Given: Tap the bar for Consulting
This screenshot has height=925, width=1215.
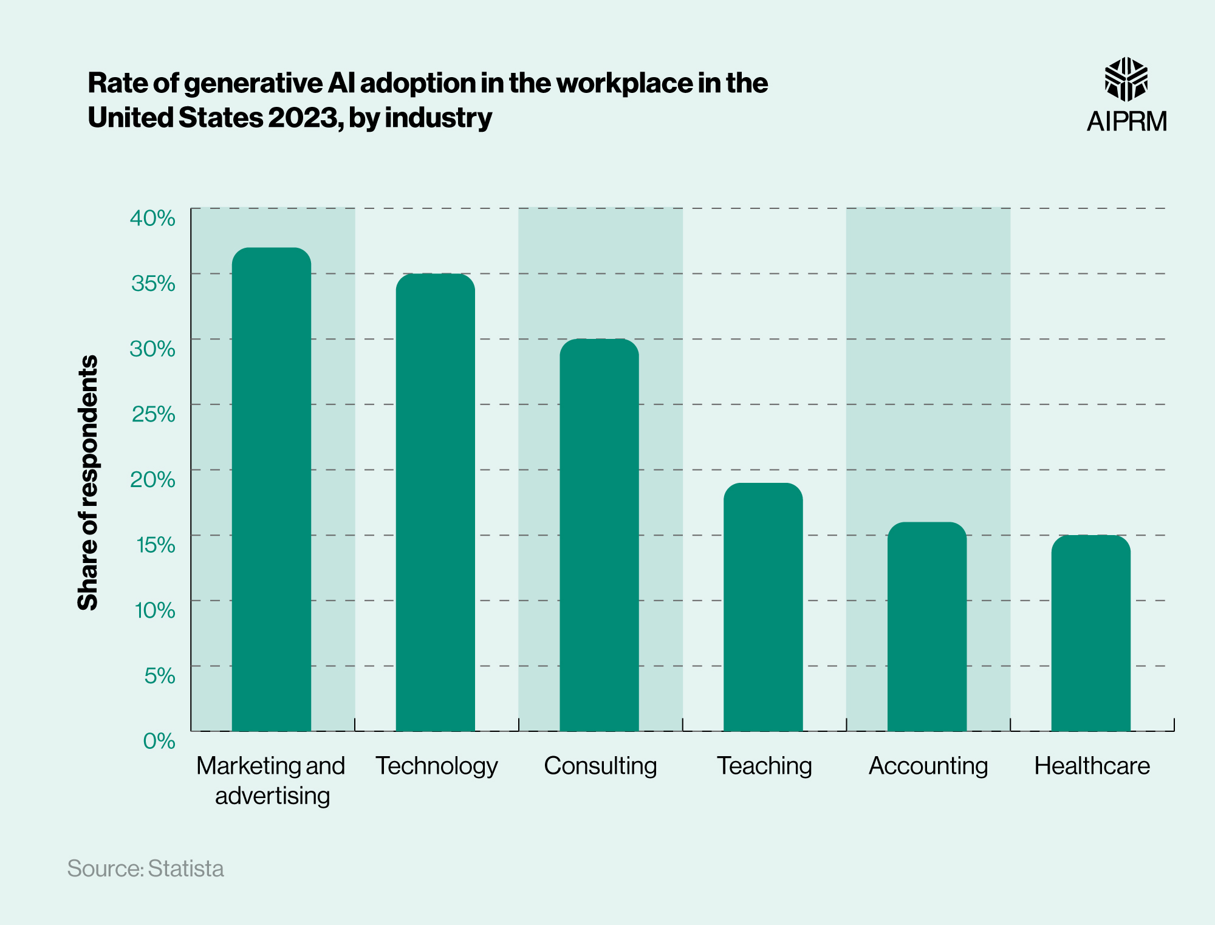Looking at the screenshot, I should point(599,534).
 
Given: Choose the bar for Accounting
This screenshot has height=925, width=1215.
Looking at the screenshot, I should point(927,626).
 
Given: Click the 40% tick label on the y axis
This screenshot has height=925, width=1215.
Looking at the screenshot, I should point(152,217).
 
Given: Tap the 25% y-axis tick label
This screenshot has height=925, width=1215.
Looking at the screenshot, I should point(153,414).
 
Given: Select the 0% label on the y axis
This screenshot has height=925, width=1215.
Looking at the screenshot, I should point(159,740).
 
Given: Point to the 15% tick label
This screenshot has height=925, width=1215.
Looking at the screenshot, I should point(156,544).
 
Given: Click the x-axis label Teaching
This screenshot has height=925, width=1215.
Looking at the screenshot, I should point(764,765).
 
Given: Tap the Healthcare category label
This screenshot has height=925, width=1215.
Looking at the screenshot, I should point(1092,765).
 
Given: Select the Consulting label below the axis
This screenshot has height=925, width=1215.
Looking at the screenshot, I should point(600,765).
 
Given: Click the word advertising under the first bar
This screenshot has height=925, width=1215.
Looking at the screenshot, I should point(272,795).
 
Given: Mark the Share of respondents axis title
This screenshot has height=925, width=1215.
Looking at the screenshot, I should point(88,482).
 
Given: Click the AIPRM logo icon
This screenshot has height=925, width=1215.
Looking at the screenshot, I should point(1126,79).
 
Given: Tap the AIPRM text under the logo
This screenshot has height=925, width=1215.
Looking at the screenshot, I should point(1126,121).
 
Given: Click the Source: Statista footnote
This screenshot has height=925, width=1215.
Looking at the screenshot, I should point(145,868).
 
